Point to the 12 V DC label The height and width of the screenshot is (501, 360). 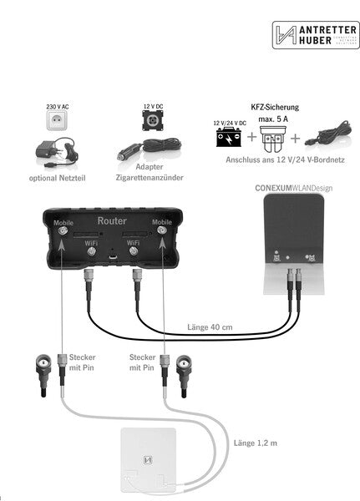tap(153, 107)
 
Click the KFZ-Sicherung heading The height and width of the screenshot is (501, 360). tap(275, 108)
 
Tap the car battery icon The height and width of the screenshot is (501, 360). tap(228, 136)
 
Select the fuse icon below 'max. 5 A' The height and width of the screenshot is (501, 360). tap(275, 136)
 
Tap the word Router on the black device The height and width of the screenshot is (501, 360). tap(112, 220)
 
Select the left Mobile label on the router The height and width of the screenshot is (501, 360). tap(63, 223)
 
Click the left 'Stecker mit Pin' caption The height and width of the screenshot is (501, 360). tap(82, 362)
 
